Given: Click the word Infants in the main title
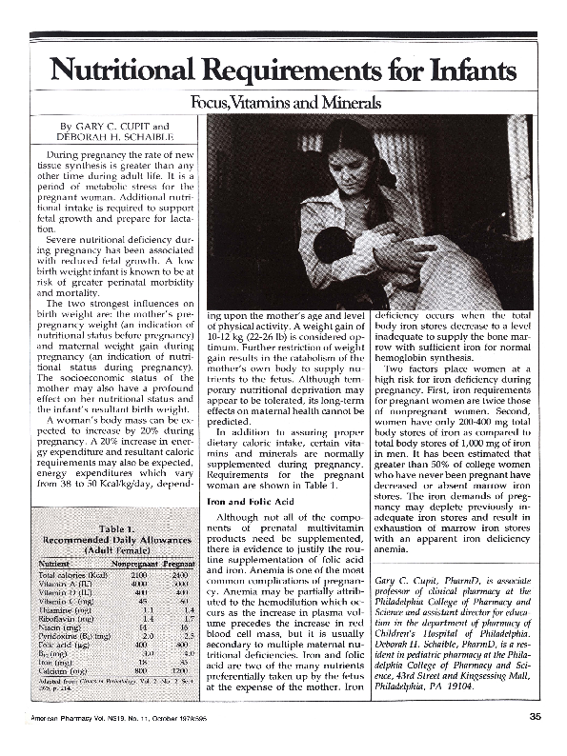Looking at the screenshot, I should click(463, 71).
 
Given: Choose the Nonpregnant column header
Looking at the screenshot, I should click(132, 564).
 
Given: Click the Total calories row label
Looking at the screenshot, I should click(69, 576).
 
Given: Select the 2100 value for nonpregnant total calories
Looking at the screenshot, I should click(137, 576).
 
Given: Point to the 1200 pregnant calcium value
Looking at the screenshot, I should click(182, 672).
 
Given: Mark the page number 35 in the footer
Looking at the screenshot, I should click(535, 743).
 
